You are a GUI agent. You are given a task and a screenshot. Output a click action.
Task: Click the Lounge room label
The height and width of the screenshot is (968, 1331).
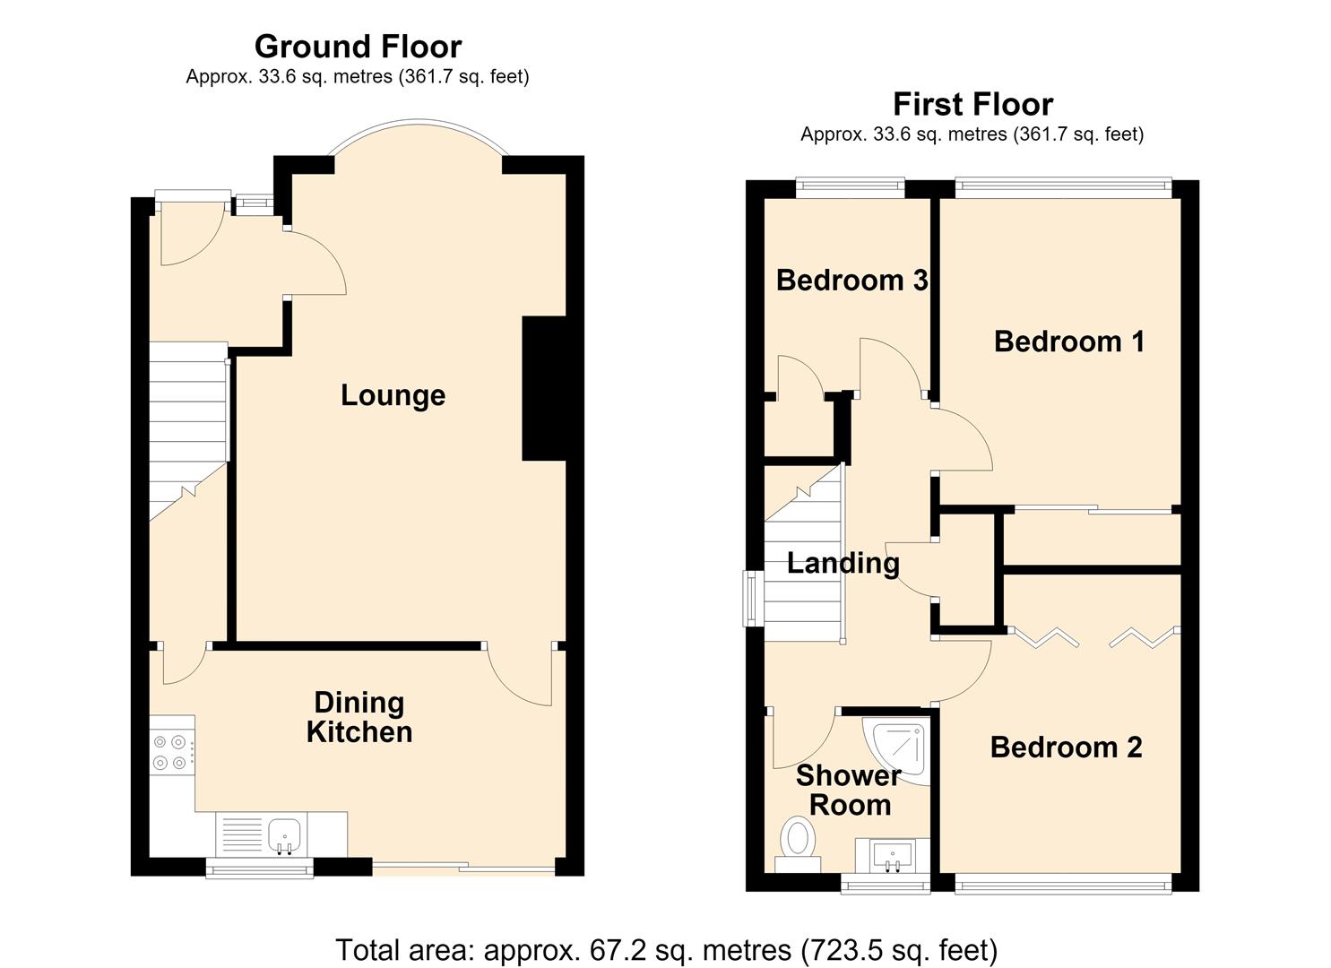point(393,396)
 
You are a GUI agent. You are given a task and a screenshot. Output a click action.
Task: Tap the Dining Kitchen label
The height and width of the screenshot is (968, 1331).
point(359,717)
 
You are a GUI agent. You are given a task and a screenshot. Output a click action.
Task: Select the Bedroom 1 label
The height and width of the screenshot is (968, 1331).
point(1069,341)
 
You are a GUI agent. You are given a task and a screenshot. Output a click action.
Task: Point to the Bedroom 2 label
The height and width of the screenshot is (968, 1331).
point(1066,748)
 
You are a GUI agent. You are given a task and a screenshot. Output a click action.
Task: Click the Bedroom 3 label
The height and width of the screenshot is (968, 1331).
point(852,281)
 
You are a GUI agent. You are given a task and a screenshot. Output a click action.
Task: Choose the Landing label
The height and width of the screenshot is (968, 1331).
point(843,564)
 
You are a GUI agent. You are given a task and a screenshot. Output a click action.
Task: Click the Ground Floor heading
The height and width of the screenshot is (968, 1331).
point(359,47)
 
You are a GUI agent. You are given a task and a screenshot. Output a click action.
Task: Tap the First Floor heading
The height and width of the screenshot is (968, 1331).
point(972,105)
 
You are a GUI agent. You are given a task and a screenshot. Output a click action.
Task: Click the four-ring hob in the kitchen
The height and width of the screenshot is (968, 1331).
point(172,752)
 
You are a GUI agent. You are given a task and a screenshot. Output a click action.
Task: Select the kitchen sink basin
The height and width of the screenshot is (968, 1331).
point(285,834)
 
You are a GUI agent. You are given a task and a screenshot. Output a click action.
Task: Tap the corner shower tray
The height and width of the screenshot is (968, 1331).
point(896,750)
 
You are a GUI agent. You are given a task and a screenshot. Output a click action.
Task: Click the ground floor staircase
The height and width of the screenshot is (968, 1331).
point(187,431)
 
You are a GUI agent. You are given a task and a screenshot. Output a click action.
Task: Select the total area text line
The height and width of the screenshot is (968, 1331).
point(666,950)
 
